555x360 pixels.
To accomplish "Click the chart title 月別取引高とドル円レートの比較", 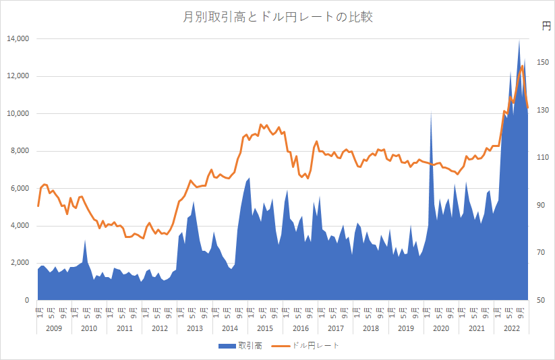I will click(278, 18).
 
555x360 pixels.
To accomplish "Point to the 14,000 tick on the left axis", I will click(17, 39).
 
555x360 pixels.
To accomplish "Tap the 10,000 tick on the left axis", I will click(17, 114).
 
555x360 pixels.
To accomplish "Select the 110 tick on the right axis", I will click(543, 158).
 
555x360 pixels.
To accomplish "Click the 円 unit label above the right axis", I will click(546, 26).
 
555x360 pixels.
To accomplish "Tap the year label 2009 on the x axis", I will click(54, 328).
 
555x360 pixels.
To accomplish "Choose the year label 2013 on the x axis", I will click(195, 328).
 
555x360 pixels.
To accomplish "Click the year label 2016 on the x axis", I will click(301, 328).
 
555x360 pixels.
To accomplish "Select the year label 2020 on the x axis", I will click(441, 328).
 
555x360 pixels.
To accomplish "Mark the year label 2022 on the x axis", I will click(512, 328).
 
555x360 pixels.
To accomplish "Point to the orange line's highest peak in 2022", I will click(522, 65).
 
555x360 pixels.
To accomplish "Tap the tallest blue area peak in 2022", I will click(519, 40).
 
